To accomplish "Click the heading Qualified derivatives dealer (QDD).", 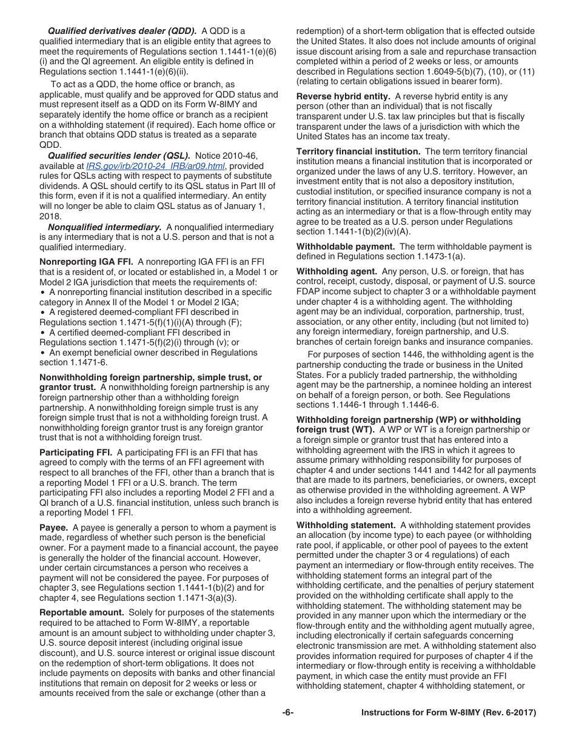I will (122, 31).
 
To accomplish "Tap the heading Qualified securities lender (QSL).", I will (119, 156).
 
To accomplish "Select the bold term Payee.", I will (53, 528).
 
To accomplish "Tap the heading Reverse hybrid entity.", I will (343, 96).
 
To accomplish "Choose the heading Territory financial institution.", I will (358, 151).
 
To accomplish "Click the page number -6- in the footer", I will (288, 713).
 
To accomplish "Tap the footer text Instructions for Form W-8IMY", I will (449, 713).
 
